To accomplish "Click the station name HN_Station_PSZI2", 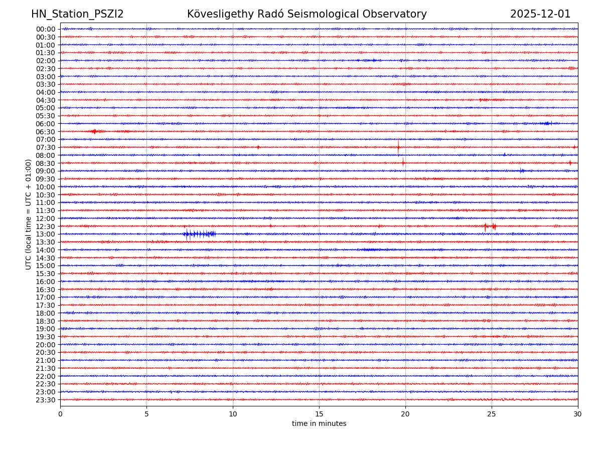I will tap(77, 15).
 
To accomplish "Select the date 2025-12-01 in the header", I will tap(540, 15).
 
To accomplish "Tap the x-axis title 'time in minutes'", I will tap(319, 424).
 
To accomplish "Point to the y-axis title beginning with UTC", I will tap(29, 214).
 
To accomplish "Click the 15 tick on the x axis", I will tap(319, 414).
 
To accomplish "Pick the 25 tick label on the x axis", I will tap(492, 414).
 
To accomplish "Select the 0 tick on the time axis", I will tap(60, 414).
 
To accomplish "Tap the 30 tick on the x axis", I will tap(578, 414).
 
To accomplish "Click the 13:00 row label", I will tap(45, 234).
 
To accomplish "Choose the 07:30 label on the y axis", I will tap(45, 147).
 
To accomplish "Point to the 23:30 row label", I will tap(45, 400).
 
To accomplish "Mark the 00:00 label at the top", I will tap(45, 29).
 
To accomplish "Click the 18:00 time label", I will tap(45, 313).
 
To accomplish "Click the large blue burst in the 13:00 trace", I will tap(199, 234).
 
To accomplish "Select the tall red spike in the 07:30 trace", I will tap(398, 147).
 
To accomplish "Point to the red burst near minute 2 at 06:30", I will tap(95, 131).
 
